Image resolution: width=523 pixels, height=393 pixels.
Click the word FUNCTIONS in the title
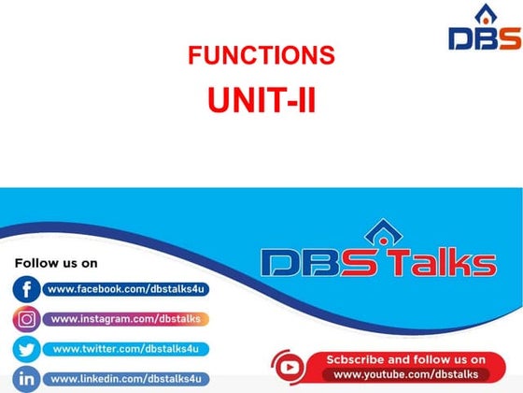[x=261, y=56]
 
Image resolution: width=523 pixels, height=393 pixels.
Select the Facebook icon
[x=26, y=290]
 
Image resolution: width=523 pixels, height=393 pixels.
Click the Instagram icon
[x=26, y=319]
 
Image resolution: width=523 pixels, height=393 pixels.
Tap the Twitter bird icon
[x=26, y=349]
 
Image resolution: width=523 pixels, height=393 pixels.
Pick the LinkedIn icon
[x=26, y=379]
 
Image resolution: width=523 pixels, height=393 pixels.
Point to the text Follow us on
[x=56, y=263]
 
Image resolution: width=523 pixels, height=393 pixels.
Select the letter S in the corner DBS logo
[x=509, y=37]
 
